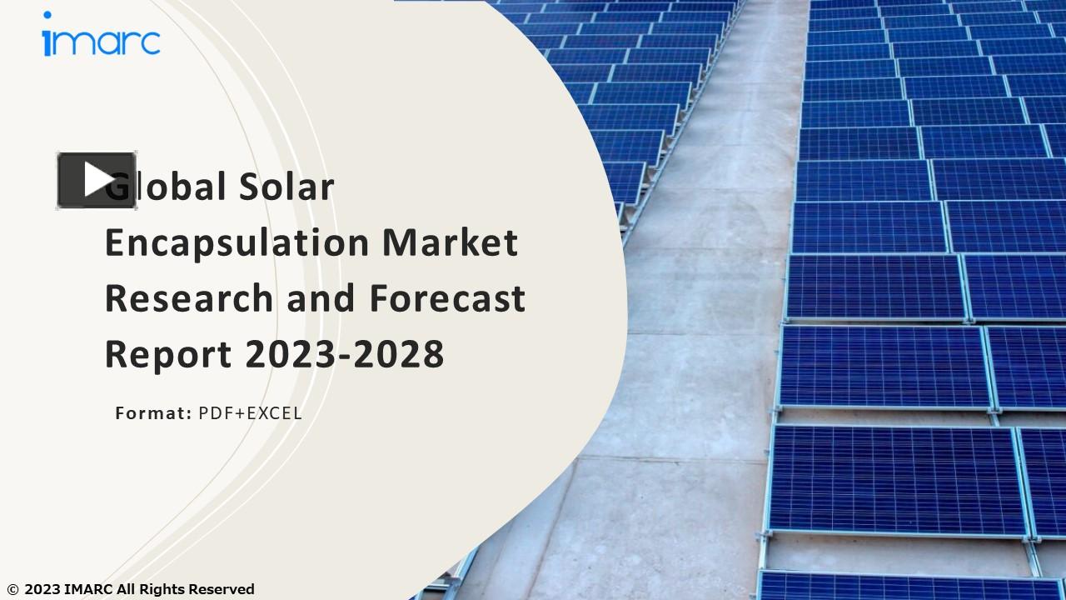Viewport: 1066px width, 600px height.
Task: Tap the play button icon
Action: (x=97, y=180)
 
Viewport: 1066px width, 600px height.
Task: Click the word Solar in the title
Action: (x=286, y=186)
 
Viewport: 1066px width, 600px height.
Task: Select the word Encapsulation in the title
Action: (x=237, y=242)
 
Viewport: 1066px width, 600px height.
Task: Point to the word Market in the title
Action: (x=450, y=242)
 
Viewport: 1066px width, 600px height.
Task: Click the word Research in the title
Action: (x=190, y=297)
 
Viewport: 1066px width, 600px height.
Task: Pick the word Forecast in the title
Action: (x=447, y=297)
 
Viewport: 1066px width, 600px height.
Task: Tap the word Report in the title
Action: (x=167, y=353)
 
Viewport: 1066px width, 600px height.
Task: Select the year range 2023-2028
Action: (x=344, y=353)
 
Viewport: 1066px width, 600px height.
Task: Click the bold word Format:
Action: (x=153, y=412)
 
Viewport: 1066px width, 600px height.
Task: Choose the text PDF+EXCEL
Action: (x=250, y=412)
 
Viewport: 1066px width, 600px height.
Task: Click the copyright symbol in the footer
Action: (x=12, y=590)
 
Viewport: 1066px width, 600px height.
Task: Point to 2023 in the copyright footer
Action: (x=42, y=590)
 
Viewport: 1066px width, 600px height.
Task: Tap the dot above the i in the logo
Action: (x=47, y=15)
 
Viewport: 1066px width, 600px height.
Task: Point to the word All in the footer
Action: (x=126, y=590)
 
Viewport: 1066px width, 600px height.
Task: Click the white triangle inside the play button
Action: (x=98, y=180)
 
